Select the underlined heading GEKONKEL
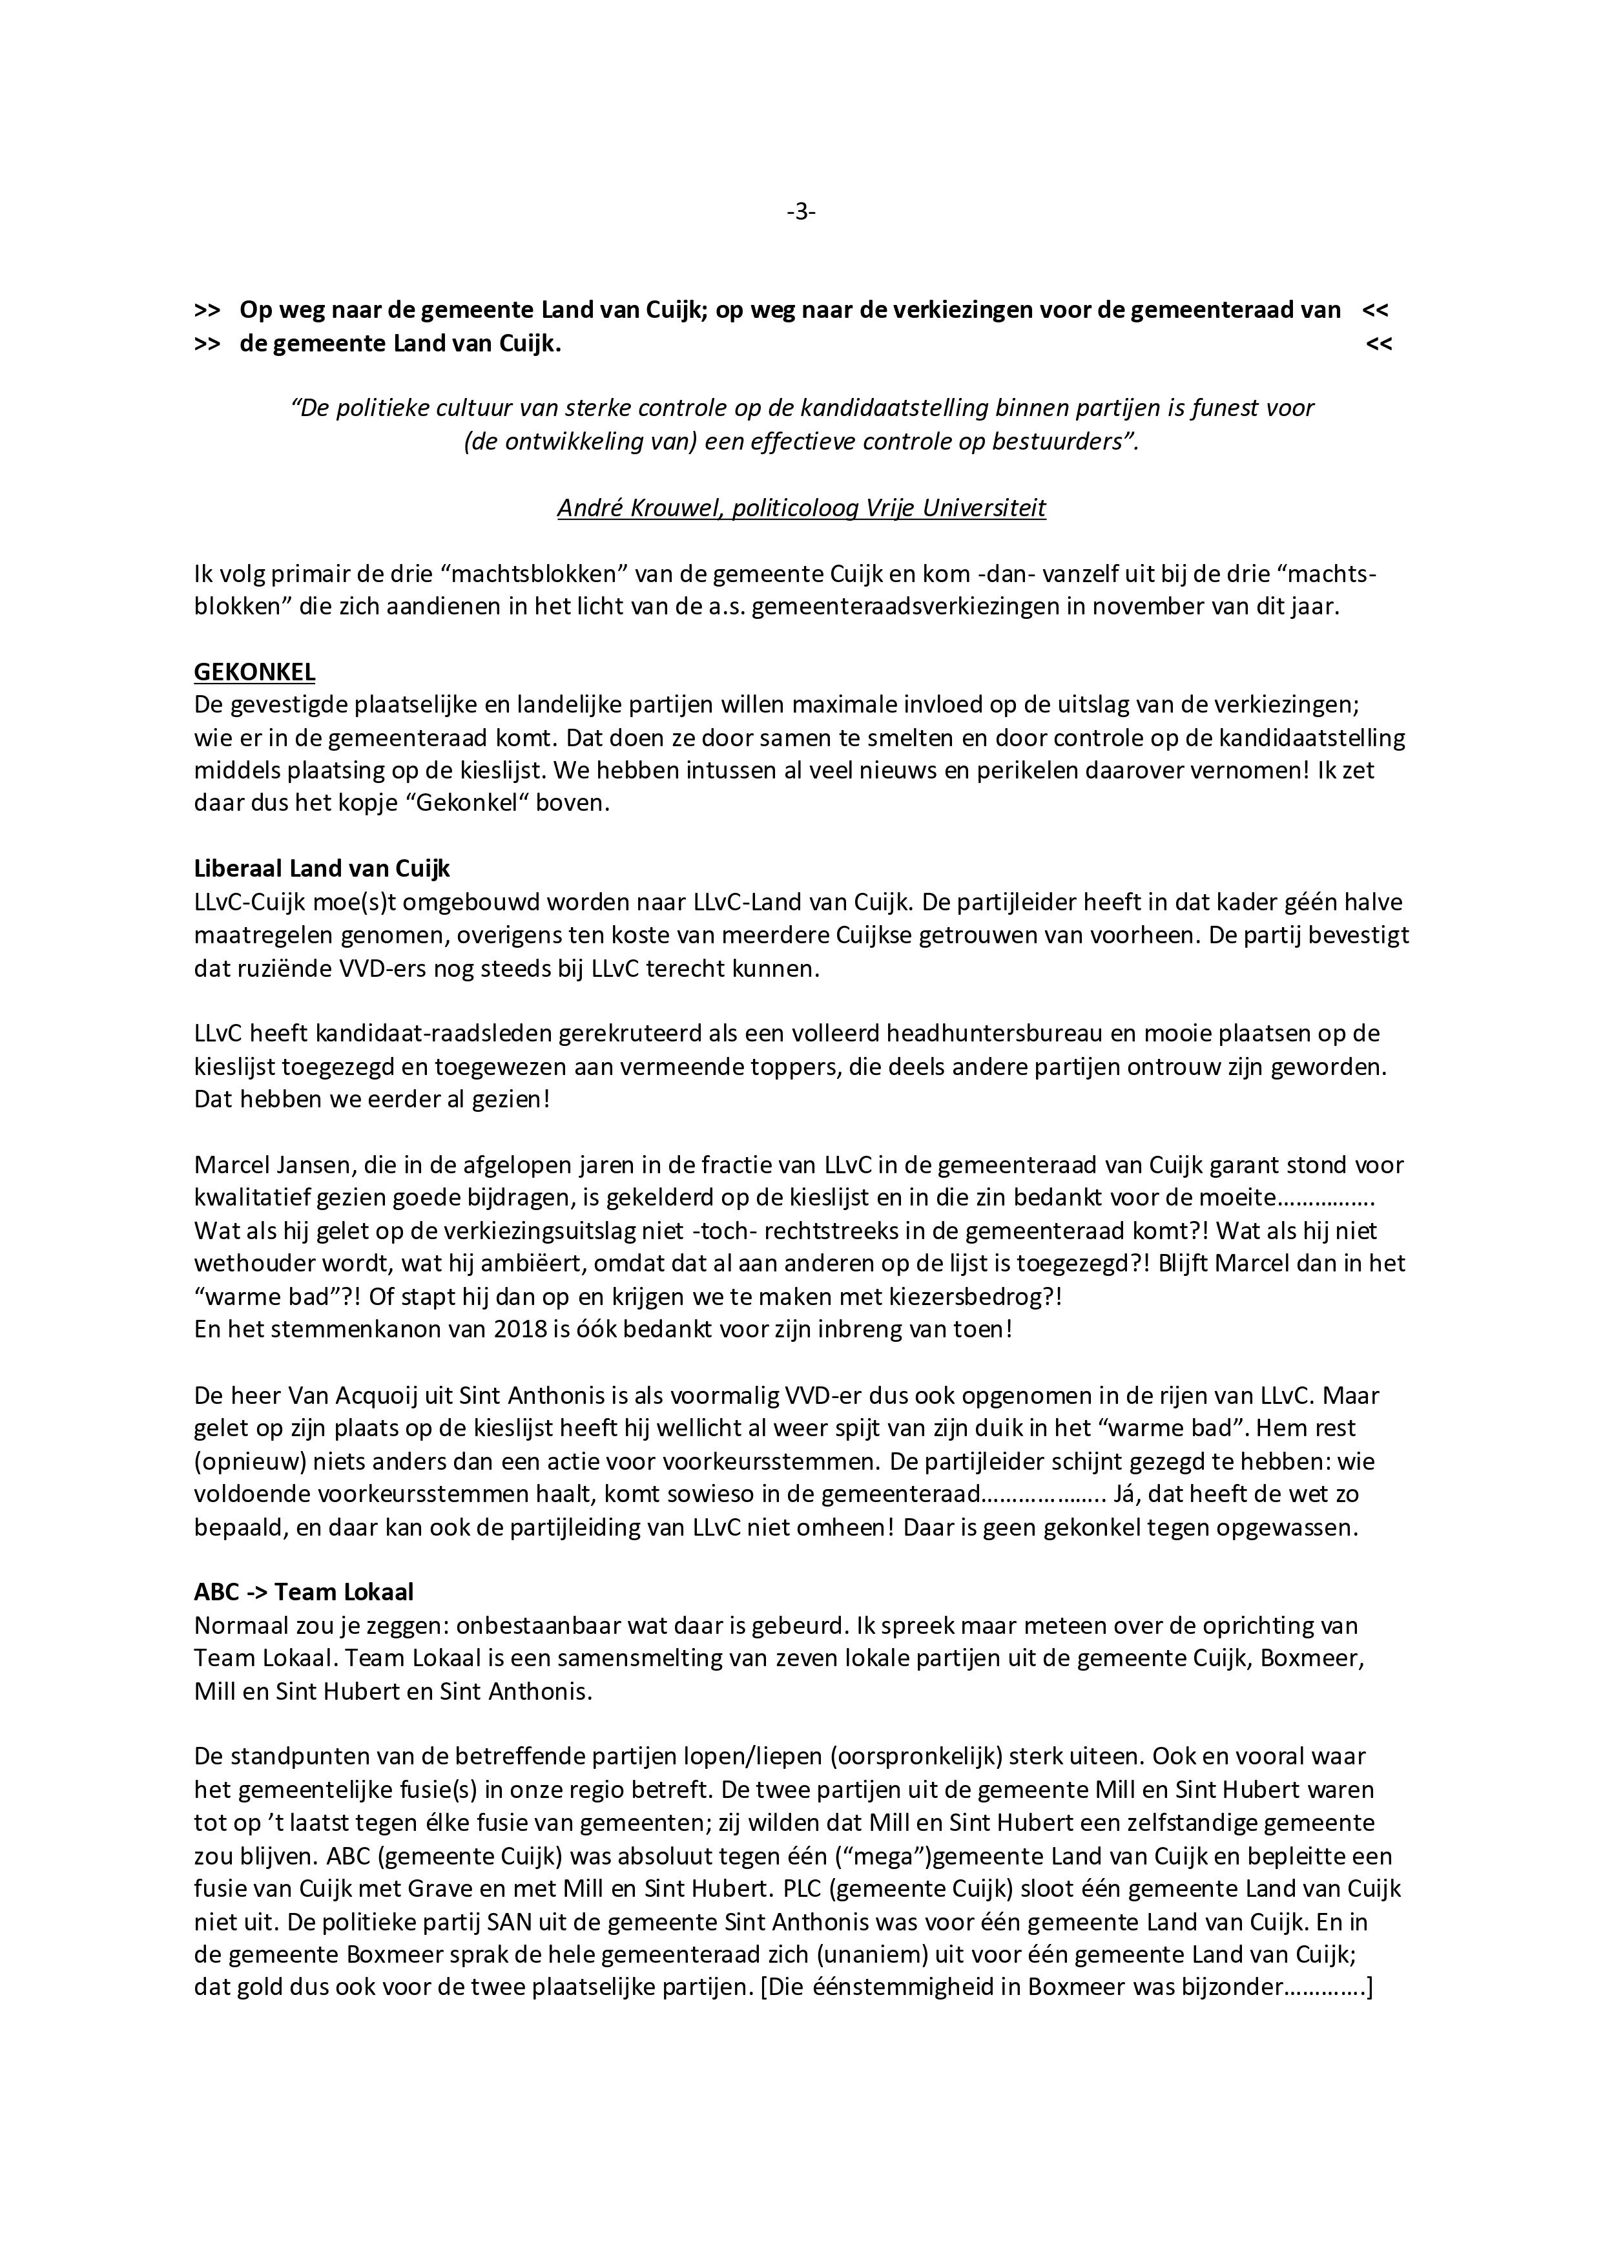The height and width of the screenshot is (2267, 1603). tap(254, 673)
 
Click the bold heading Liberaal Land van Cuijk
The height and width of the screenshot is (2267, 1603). tap(322, 869)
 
